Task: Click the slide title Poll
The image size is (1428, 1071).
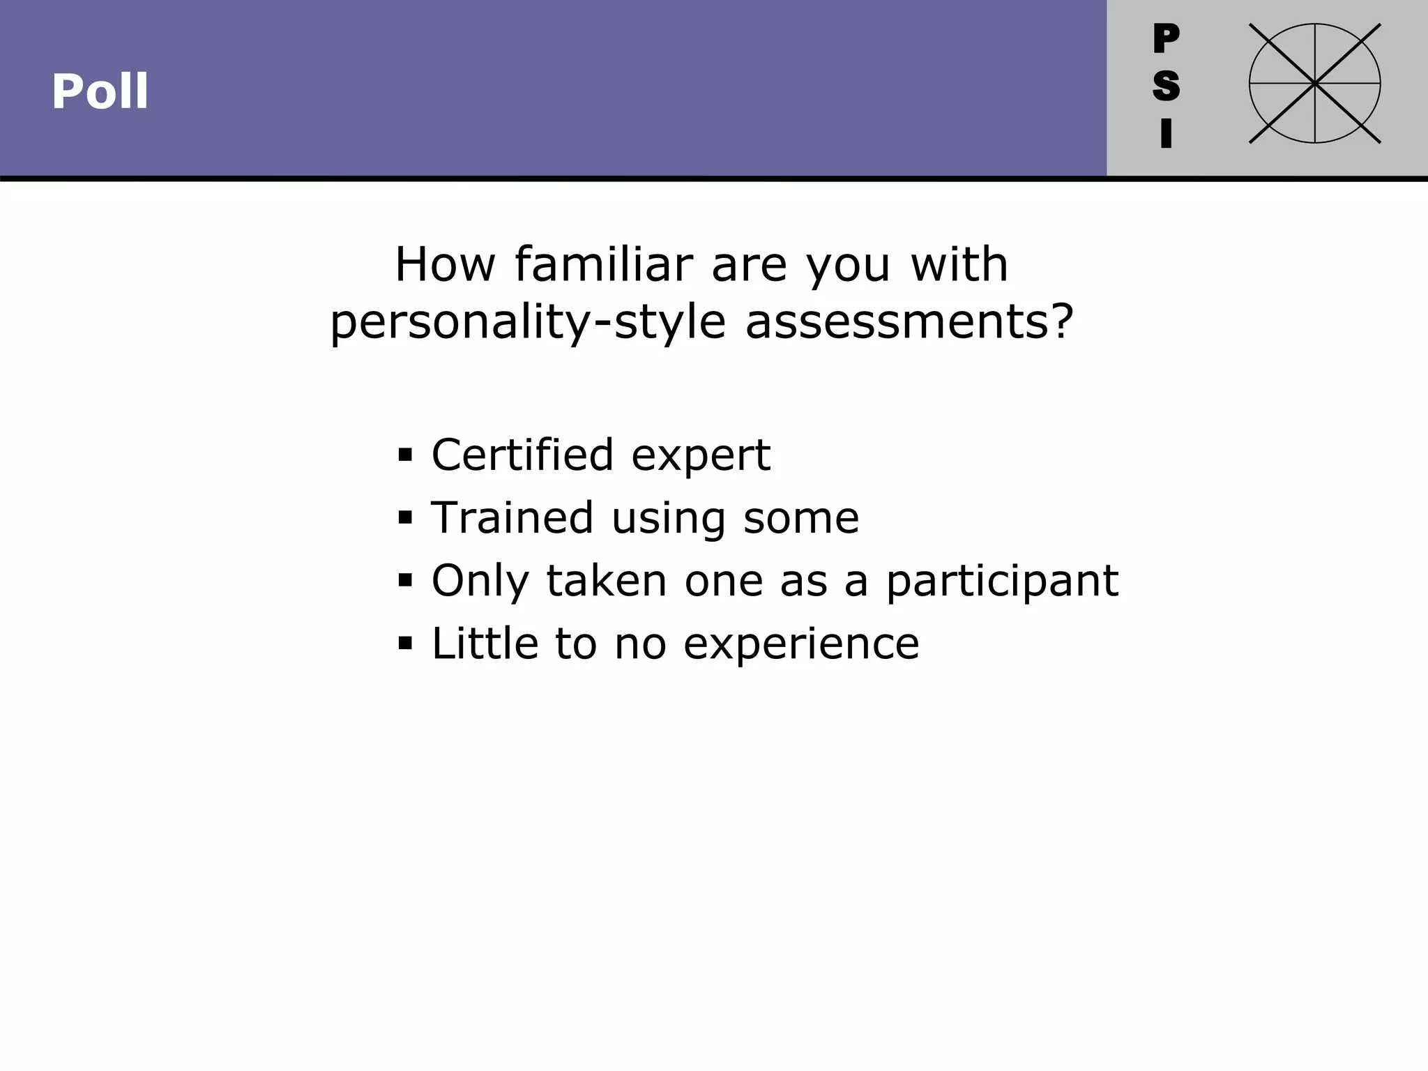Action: click(x=100, y=91)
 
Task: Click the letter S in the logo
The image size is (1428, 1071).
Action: click(x=1166, y=86)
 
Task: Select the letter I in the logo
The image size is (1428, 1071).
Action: click(x=1166, y=133)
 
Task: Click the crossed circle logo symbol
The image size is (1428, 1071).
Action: click(x=1314, y=84)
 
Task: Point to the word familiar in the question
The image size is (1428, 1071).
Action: click(x=604, y=265)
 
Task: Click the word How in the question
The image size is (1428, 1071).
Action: click(x=445, y=265)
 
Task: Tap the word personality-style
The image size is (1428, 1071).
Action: click(x=528, y=322)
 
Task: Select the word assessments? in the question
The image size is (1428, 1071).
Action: click(x=909, y=322)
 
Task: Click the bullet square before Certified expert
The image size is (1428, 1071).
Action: click(x=405, y=455)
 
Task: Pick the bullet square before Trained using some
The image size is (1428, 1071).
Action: click(x=405, y=518)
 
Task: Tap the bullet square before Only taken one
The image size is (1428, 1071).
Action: click(x=405, y=580)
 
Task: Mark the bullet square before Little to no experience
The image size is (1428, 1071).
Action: click(x=405, y=643)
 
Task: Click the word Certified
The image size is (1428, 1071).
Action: click(x=523, y=455)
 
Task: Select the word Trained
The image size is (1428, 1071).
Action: click(x=512, y=517)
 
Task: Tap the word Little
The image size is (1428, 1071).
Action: click(x=485, y=642)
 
